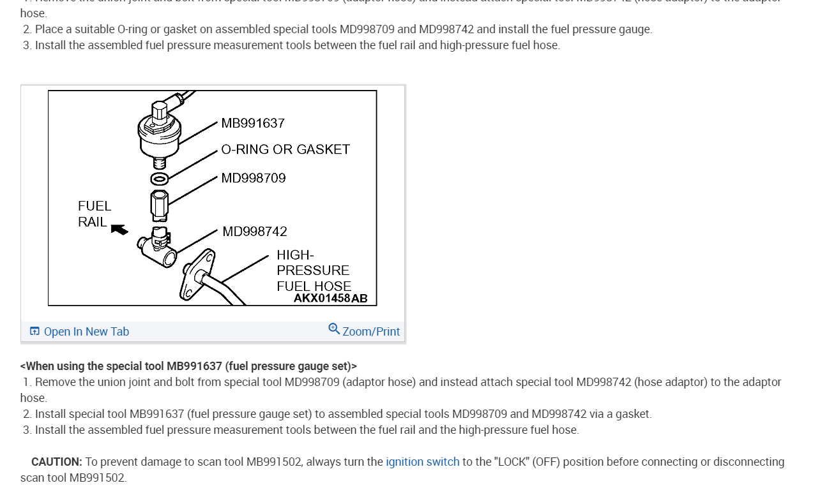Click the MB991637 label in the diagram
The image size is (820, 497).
[x=253, y=123]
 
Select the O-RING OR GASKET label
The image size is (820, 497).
[x=285, y=149]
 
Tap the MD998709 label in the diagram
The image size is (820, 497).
[x=254, y=178]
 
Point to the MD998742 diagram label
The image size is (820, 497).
[x=255, y=232]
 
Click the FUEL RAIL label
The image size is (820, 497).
[x=94, y=214]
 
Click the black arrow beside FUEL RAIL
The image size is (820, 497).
[x=119, y=229]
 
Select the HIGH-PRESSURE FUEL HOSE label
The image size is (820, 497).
[x=314, y=270]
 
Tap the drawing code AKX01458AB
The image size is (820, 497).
[x=330, y=298]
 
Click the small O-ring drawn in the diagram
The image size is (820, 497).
[x=160, y=178]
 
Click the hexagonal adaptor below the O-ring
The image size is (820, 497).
[x=160, y=205]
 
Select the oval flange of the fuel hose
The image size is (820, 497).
[x=196, y=274]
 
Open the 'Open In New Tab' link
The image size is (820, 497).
[x=86, y=332]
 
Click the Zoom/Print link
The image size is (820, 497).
[x=371, y=332]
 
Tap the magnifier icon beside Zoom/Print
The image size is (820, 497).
[x=334, y=329]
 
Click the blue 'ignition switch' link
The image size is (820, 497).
[x=422, y=462]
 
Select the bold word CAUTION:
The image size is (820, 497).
[x=57, y=462]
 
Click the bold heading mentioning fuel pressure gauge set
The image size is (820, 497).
[x=188, y=366]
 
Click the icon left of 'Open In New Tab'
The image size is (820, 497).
[x=34, y=331]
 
